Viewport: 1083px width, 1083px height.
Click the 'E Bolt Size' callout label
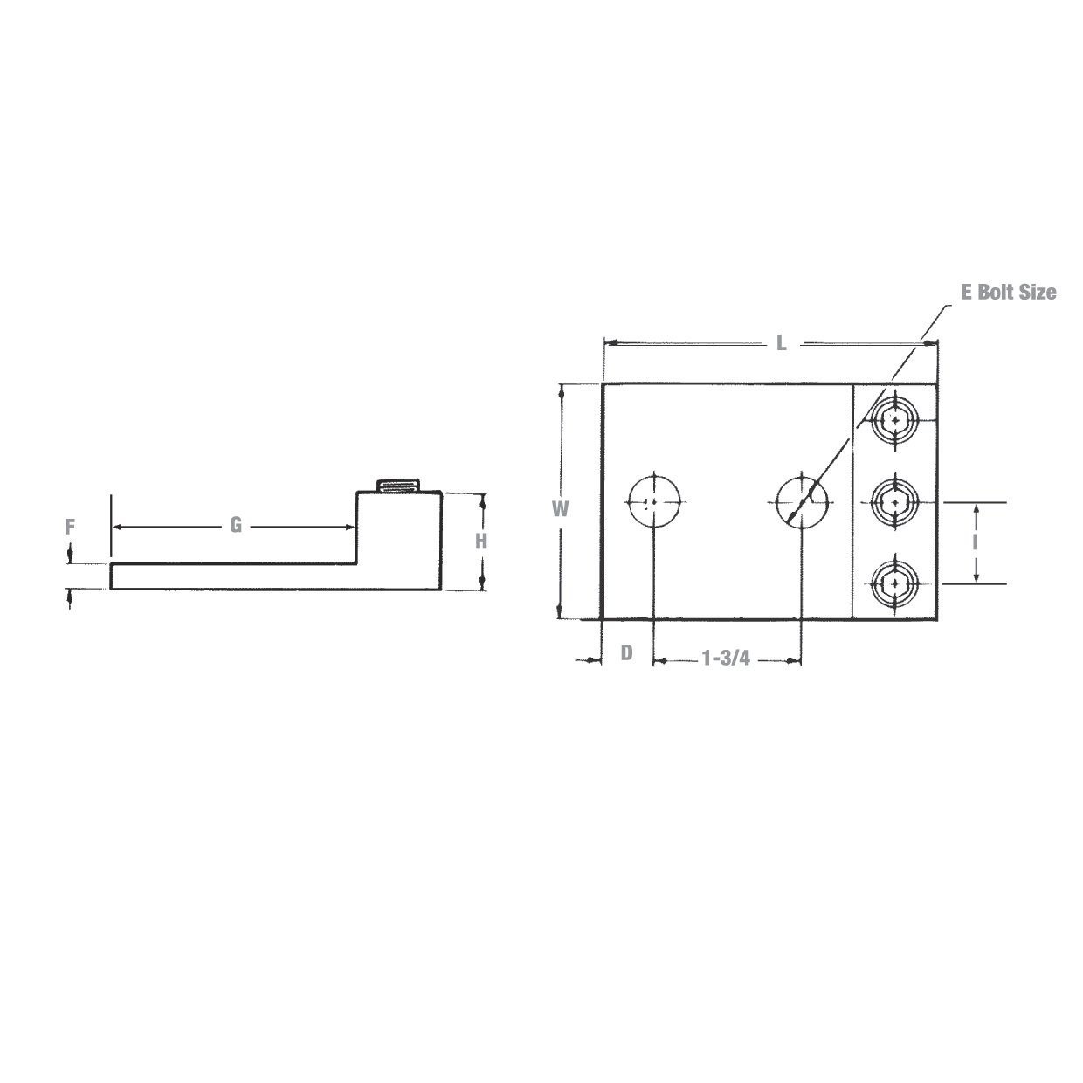(1008, 293)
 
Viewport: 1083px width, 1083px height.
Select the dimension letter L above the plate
(782, 343)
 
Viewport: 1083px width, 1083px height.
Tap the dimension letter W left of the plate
(561, 508)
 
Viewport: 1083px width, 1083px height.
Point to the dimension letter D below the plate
(626, 652)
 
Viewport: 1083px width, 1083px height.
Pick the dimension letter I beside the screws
(975, 541)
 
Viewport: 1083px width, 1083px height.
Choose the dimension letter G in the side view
(235, 525)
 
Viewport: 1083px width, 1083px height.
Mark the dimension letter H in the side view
(481, 541)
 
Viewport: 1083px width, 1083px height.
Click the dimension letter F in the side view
(71, 527)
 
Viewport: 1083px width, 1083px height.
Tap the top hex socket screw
(895, 421)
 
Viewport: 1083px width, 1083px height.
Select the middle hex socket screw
(895, 502)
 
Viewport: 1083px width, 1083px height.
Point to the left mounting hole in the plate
(653, 501)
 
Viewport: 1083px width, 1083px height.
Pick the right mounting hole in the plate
(801, 501)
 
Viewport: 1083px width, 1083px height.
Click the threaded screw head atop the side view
(398, 486)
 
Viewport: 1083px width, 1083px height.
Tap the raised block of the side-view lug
(399, 533)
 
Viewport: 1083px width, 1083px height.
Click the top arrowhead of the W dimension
(561, 390)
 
